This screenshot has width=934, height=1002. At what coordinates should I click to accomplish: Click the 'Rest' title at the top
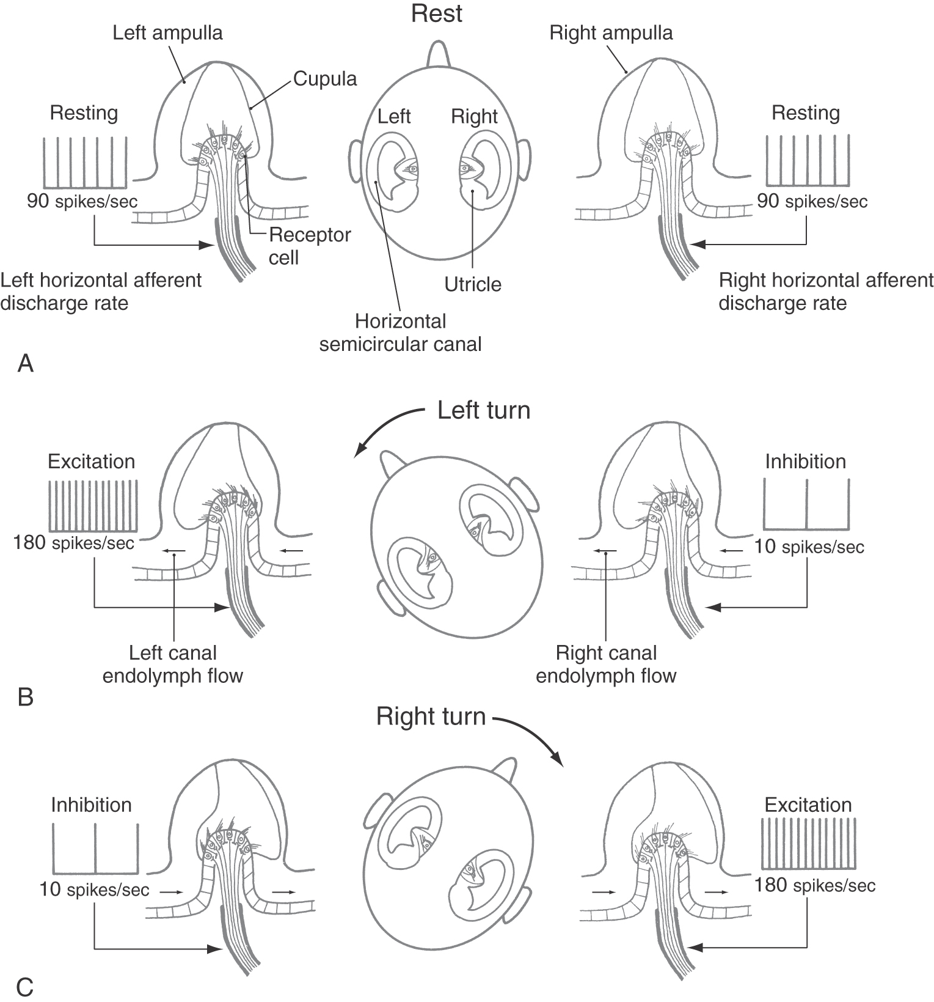(437, 13)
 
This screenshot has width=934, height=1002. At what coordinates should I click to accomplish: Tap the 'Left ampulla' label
(167, 32)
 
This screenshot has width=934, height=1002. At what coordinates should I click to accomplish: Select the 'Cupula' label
(324, 78)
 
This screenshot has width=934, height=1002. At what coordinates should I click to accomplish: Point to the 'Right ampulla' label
(611, 32)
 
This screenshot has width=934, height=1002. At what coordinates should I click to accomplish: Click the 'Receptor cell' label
(310, 246)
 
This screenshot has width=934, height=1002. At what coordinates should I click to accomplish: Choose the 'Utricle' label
(473, 284)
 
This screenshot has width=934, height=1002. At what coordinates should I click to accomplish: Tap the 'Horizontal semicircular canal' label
(401, 333)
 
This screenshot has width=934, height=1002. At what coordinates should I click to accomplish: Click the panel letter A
(26, 364)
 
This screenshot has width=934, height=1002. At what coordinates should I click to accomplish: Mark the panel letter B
(26, 697)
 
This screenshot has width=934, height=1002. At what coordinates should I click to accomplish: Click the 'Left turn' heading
(484, 410)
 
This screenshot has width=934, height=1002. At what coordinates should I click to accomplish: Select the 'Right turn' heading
(431, 716)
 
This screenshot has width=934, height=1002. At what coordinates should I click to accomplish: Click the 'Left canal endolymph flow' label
(173, 664)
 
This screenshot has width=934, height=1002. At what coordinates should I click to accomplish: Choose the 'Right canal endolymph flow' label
(606, 664)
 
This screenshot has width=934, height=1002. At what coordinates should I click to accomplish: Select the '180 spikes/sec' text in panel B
(74, 542)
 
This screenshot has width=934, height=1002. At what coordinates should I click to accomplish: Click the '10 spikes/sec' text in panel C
(94, 889)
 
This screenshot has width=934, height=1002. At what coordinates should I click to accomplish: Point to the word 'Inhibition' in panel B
(805, 461)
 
